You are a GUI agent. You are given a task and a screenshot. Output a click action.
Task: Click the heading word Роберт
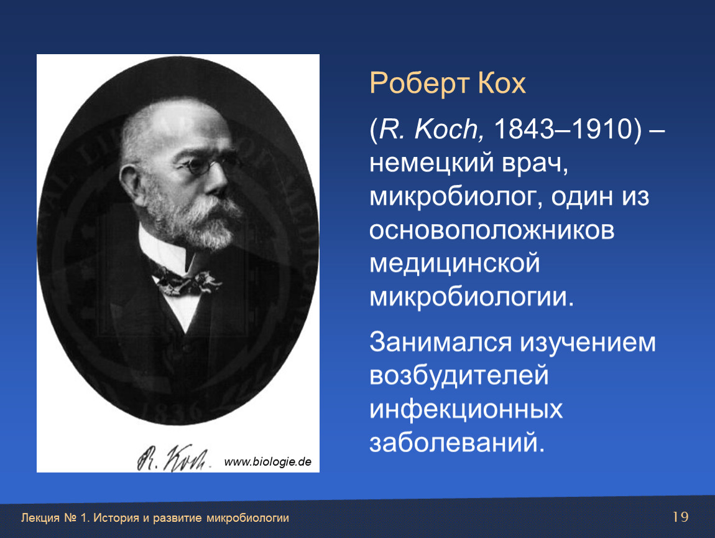[419, 83]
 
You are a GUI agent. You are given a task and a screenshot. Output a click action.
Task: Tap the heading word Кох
[502, 83]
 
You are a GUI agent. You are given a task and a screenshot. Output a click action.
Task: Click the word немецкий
[431, 163]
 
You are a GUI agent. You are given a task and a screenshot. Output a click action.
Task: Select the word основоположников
[492, 230]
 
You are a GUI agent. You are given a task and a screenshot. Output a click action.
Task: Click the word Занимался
[440, 342]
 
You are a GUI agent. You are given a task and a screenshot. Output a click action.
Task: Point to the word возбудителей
[459, 375]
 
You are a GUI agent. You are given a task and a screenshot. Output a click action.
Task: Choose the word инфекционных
[466, 409]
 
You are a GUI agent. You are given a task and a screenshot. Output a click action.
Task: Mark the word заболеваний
[457, 443]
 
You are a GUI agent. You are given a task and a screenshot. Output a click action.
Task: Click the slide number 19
[680, 517]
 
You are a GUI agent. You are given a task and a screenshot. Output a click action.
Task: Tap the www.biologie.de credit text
[268, 462]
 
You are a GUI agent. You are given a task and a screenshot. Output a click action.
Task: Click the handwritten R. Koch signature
[173, 458]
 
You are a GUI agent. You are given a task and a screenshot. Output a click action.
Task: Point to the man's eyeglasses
[205, 164]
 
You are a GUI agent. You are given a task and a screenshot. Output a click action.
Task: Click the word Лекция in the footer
[40, 518]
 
